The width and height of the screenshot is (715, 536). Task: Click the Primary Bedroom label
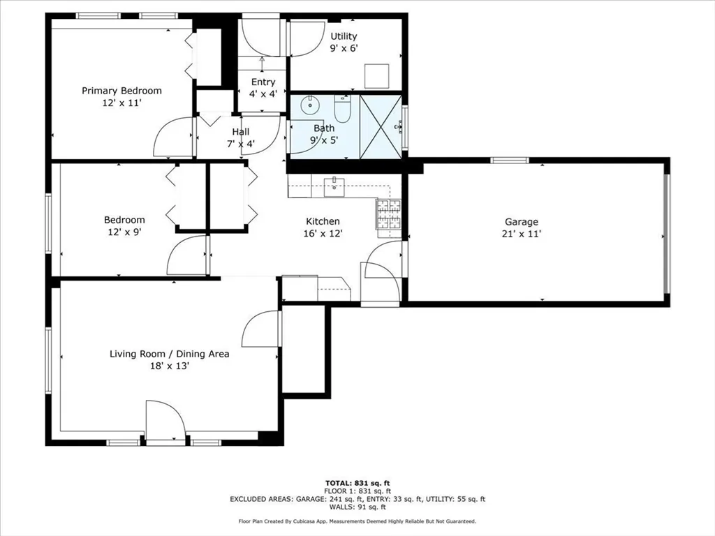tap(121, 91)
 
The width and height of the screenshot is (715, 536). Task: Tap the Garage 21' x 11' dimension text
tap(522, 234)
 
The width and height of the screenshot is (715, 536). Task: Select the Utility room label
tap(344, 36)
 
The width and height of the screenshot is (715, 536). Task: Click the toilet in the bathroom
tap(343, 109)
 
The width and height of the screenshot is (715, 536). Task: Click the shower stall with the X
tap(381, 126)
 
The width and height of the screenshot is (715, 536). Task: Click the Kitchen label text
tap(323, 221)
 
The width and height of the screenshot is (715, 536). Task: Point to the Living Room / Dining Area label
tap(169, 354)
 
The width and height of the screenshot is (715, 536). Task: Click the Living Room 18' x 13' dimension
tap(169, 366)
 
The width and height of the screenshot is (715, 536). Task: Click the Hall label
tap(240, 132)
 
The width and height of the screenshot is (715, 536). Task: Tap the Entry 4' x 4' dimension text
tap(263, 94)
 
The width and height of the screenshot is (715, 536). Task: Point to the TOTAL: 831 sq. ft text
tap(357, 483)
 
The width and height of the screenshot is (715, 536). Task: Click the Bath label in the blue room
tap(324, 128)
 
